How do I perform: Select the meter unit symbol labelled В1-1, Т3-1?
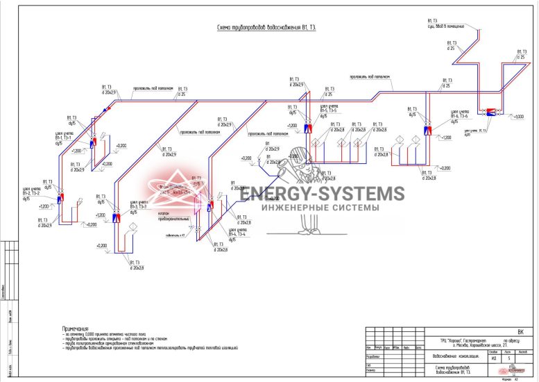click(94, 134)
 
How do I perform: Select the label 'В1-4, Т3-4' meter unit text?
click(237, 232)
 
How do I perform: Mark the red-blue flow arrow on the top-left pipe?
click(106, 108)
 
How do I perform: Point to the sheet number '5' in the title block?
click(508, 358)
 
